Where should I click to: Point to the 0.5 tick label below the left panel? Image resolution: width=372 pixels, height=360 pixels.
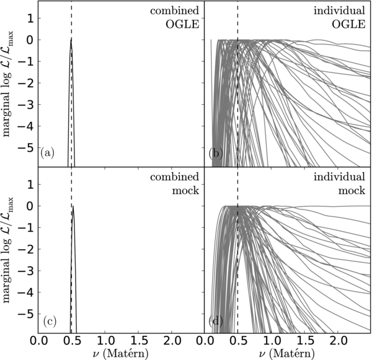click(x=71, y=341)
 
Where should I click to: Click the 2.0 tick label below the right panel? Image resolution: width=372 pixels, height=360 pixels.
click(x=337, y=341)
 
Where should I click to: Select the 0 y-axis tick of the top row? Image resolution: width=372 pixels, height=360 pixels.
click(x=33, y=40)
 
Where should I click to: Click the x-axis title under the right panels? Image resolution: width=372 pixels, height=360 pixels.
click(x=287, y=354)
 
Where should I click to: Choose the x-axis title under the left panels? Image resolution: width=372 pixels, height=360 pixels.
click(x=122, y=354)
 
